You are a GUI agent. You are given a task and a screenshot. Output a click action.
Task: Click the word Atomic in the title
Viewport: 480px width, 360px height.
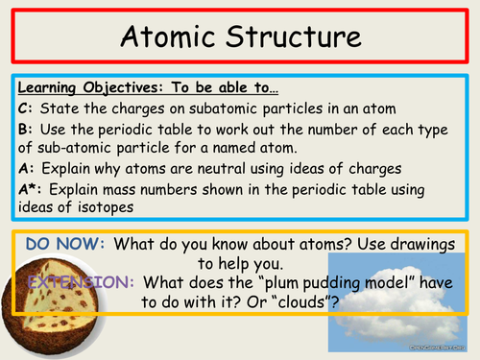(x=169, y=39)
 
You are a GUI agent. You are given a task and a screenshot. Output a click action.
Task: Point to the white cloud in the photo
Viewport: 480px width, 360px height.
(x=403, y=298)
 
